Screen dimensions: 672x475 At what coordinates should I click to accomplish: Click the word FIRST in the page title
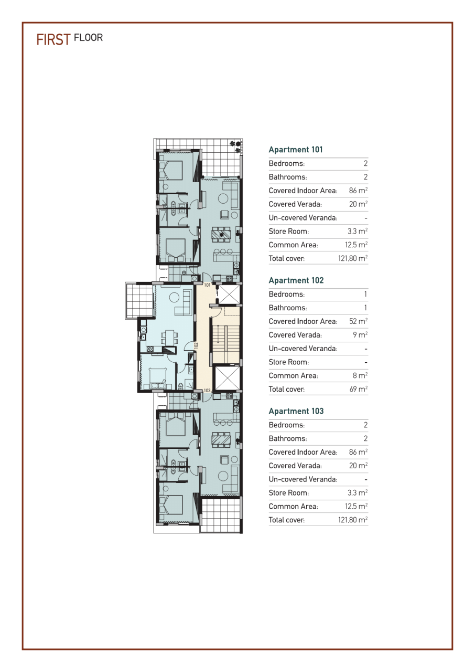click(x=53, y=40)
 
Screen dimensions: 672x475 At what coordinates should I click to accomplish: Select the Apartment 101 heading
click(x=295, y=150)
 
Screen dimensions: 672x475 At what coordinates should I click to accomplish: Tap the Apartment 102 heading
click(x=296, y=280)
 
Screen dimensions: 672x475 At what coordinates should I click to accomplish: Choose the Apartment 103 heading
click(x=296, y=411)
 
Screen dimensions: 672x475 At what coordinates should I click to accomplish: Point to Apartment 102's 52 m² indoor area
click(x=358, y=321)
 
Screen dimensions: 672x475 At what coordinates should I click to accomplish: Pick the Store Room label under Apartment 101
click(x=288, y=231)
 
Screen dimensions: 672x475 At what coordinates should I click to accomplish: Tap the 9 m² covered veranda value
click(x=361, y=335)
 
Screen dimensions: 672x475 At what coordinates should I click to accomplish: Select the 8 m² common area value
click(x=361, y=375)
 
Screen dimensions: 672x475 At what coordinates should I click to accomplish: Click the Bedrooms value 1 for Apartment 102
click(x=365, y=295)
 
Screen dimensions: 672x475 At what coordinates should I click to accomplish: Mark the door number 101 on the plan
click(x=207, y=285)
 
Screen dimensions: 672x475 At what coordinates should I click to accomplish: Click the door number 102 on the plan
click(x=196, y=345)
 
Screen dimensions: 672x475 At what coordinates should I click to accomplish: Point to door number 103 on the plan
click(x=207, y=391)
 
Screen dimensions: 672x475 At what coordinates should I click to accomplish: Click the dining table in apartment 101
click(x=221, y=234)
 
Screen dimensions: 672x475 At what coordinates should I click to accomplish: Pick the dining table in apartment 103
click(x=221, y=439)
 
